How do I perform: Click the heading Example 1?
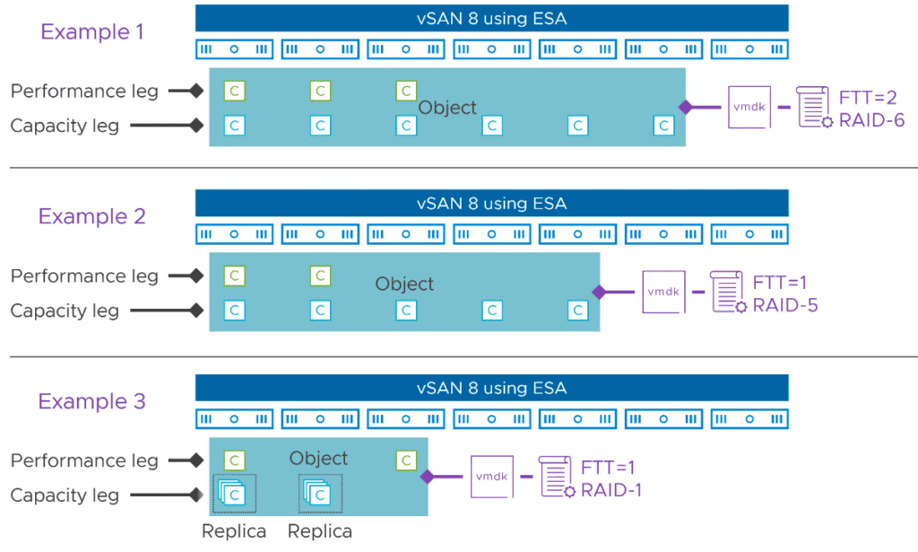tap(92, 31)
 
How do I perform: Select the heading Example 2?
tap(92, 216)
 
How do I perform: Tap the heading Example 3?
tap(92, 401)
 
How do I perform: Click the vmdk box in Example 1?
tap(749, 107)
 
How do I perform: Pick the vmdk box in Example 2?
tap(663, 292)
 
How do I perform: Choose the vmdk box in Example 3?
tap(492, 477)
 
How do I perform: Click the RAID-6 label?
tap(871, 120)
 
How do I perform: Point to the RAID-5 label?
tap(785, 305)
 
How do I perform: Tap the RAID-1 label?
tap(611, 490)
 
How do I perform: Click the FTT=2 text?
tap(868, 97)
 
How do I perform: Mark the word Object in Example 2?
tap(404, 285)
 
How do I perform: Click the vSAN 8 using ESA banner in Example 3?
tap(492, 388)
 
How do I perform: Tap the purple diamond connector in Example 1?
tap(686, 107)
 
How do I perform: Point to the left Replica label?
tap(234, 531)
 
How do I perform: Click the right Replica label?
tap(320, 531)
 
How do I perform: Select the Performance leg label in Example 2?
tap(84, 276)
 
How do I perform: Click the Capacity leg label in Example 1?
tap(65, 126)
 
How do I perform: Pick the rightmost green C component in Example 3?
tap(406, 460)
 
